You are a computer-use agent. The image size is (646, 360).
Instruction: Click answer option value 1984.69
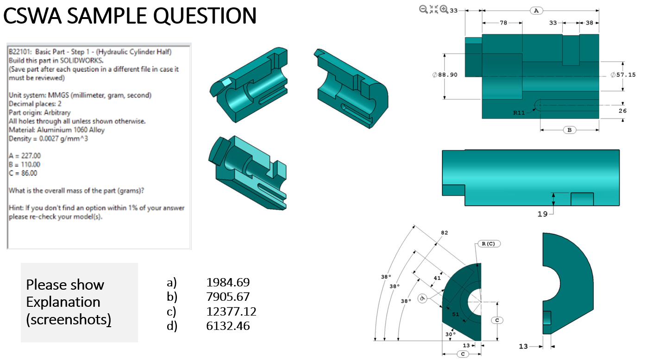tap(228, 282)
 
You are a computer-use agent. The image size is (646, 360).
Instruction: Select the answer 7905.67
tap(228, 297)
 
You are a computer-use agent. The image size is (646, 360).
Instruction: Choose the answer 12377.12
tap(231, 311)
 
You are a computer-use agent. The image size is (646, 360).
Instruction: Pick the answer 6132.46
tap(228, 326)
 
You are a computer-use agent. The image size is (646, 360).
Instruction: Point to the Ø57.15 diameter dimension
tap(623, 75)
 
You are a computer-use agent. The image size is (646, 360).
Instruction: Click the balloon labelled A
tap(536, 10)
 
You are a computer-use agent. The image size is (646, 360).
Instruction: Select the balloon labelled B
tap(570, 130)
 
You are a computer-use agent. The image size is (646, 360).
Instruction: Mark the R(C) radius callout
tap(488, 243)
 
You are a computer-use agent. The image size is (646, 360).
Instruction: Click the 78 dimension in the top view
tap(503, 23)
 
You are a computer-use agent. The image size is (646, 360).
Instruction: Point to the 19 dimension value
tap(542, 214)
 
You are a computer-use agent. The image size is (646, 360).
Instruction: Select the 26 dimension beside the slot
tap(622, 111)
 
